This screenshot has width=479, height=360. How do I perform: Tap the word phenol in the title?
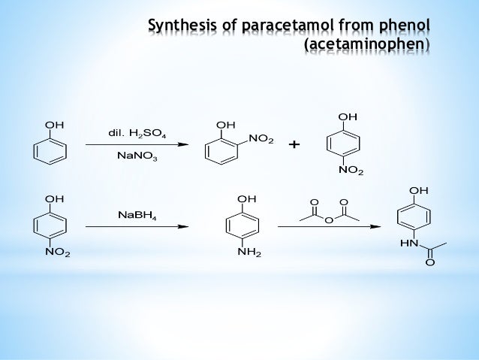pos(403,29)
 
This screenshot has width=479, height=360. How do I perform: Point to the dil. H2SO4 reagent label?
pos(137,134)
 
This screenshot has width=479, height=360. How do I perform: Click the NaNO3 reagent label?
pos(137,158)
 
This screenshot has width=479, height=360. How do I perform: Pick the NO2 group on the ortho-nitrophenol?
pos(261,140)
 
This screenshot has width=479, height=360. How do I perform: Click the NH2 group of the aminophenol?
pos(249,253)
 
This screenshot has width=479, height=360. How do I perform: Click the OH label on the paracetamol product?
pos(418,191)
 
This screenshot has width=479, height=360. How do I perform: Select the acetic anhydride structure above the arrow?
pos(327,212)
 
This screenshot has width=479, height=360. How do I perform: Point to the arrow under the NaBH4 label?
pos(136,225)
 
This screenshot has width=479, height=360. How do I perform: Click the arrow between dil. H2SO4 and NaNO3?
pos(136,146)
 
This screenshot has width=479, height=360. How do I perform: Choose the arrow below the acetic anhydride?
pos(327,225)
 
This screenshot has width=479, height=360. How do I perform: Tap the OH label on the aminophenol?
pos(246,198)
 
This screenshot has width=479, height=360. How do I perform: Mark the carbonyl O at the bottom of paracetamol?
pos(429,262)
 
